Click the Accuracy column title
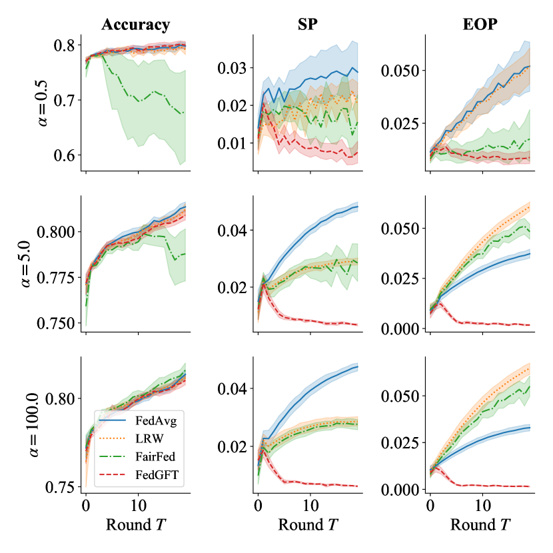[x=135, y=25]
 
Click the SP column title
[x=308, y=25]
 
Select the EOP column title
[x=481, y=25]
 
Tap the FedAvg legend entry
[x=150, y=420]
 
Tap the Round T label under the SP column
[x=308, y=525]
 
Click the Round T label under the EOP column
[x=481, y=525]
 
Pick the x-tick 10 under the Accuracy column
[x=138, y=504]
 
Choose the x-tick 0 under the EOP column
[x=430, y=504]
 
